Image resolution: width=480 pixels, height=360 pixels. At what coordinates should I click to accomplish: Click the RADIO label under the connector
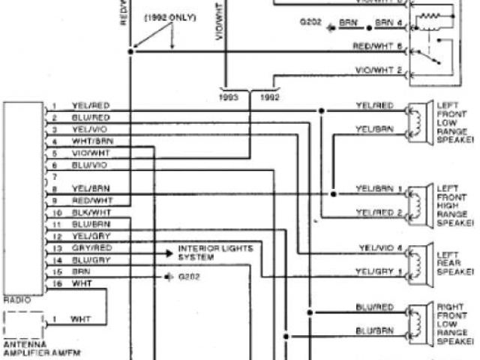point(17,299)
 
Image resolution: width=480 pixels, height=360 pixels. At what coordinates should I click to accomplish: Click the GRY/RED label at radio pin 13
point(92,247)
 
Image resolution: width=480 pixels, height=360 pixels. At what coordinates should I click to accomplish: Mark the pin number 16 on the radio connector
point(57,283)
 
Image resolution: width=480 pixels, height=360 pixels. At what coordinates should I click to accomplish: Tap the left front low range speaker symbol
point(415,120)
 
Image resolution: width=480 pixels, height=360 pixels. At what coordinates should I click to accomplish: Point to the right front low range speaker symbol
point(415,319)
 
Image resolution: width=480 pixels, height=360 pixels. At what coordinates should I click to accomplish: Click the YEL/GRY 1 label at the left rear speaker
point(379,271)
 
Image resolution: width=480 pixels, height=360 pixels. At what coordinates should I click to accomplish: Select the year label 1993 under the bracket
point(229,97)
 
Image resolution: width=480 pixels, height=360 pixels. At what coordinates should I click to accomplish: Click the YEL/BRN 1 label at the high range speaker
point(379,187)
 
